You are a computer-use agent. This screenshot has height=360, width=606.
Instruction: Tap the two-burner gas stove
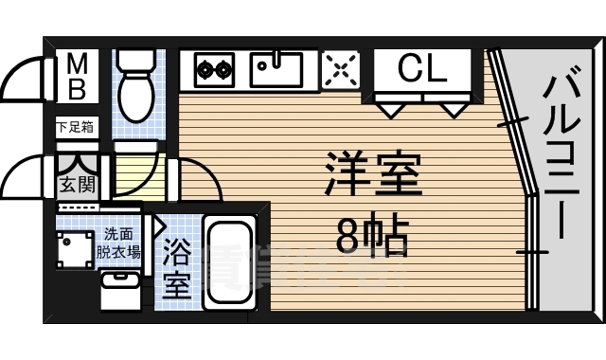(214, 68)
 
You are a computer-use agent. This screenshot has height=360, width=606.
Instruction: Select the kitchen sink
(276, 68)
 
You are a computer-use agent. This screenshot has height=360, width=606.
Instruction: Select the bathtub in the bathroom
(230, 262)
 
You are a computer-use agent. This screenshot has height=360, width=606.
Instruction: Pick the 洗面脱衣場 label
(122, 243)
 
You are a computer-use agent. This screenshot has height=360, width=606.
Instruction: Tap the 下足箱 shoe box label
(74, 126)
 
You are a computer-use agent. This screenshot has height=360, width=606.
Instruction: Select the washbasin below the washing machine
(119, 288)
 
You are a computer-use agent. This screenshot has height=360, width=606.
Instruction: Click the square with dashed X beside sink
(341, 68)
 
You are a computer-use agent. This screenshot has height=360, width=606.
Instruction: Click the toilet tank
(138, 60)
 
